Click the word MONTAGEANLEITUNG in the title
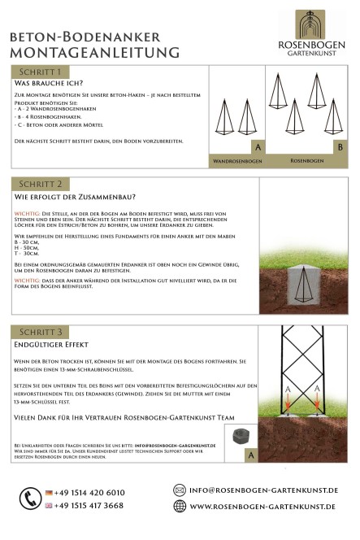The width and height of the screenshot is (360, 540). (x=94, y=53)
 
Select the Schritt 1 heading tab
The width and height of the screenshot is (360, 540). (x=41, y=73)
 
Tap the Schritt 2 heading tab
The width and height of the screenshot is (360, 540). (x=41, y=184)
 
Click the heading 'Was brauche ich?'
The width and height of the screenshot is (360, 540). (x=49, y=84)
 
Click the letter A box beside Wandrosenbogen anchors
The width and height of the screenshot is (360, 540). (x=257, y=148)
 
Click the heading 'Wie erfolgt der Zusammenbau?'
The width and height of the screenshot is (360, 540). (x=75, y=197)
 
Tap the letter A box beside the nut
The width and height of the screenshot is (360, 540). (x=251, y=455)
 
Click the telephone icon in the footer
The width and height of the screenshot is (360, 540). (x=31, y=498)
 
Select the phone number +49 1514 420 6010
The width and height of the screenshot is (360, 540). (x=89, y=492)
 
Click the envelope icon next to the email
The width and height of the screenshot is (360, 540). (x=180, y=490)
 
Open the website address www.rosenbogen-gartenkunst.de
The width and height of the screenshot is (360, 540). (x=263, y=506)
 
